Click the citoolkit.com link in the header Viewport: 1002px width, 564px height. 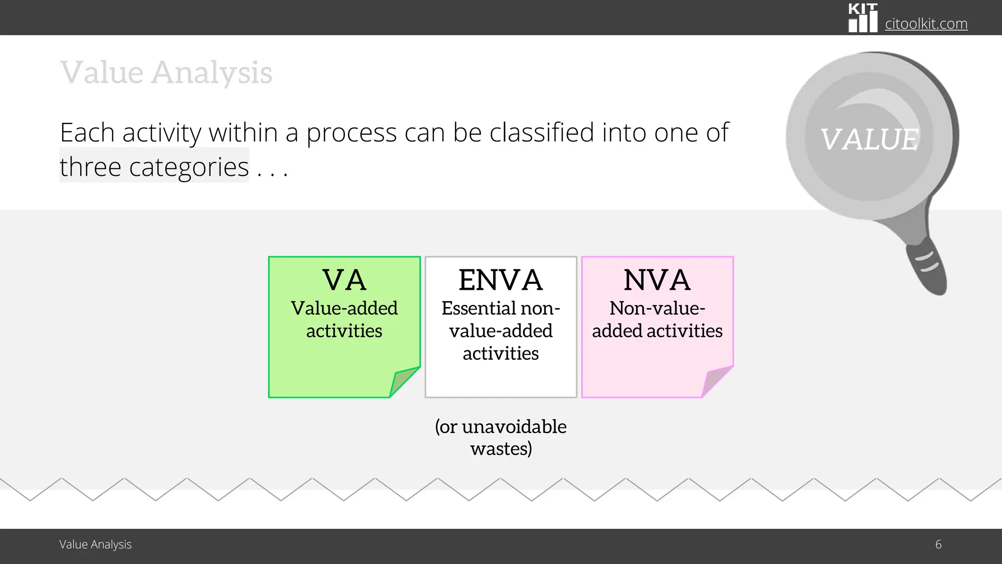tap(926, 23)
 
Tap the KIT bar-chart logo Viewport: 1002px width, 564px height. tap(863, 19)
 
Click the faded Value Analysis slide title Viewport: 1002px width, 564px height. tap(166, 72)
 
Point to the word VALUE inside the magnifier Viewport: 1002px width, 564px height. tap(869, 139)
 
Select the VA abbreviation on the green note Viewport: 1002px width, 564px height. tap(344, 280)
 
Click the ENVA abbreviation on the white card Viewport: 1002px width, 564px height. tap(501, 280)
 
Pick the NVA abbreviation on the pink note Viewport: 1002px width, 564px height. tap(657, 280)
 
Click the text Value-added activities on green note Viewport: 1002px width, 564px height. tap(344, 319)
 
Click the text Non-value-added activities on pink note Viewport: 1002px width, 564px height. tap(657, 319)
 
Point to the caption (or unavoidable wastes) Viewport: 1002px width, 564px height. tap(501, 437)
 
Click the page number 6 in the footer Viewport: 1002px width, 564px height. tap(938, 544)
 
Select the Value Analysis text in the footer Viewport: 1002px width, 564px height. tap(95, 544)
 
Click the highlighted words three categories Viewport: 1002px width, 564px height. tap(154, 167)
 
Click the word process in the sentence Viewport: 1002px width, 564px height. tap(351, 133)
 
